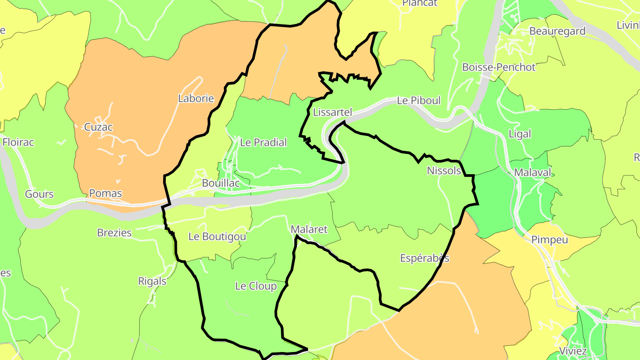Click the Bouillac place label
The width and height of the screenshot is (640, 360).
(221, 183)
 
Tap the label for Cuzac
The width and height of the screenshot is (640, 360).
(98, 127)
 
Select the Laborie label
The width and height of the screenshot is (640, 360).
(196, 99)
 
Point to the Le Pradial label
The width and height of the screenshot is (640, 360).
(263, 143)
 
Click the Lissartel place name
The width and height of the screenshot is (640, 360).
(332, 112)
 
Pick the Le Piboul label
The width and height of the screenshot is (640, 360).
(419, 100)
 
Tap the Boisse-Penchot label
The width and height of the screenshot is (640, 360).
(499, 67)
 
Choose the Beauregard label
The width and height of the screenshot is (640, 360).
(557, 31)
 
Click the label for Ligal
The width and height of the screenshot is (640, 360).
(520, 134)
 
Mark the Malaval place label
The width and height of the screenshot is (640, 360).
(532, 172)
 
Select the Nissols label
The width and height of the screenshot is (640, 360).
(444, 171)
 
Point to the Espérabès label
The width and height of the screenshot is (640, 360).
(424, 258)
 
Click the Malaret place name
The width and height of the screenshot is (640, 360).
(309, 229)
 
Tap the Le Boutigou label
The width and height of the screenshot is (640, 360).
(217, 236)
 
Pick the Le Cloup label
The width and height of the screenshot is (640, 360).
(256, 286)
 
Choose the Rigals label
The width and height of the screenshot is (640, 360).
(152, 281)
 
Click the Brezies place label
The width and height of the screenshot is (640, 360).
(114, 232)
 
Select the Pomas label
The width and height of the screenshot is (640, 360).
(105, 193)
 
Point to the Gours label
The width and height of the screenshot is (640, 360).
(39, 194)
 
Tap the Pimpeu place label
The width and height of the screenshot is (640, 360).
(549, 240)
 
